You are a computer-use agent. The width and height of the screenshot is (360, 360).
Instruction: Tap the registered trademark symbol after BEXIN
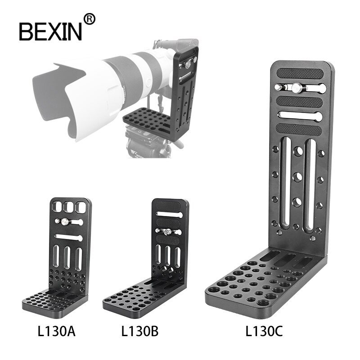click(x=90, y=19)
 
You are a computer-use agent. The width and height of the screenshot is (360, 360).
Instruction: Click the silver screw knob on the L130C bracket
click(x=296, y=88)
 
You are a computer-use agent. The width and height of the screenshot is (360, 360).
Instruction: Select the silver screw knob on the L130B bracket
click(x=165, y=231)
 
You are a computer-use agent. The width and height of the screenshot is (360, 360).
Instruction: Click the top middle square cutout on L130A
click(x=69, y=207)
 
